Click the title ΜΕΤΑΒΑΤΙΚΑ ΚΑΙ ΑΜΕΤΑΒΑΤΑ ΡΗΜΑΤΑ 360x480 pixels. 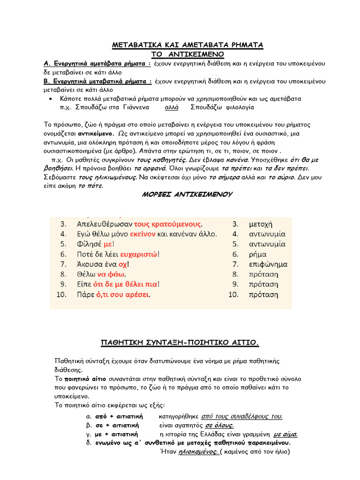pyautogui.click(x=187, y=45)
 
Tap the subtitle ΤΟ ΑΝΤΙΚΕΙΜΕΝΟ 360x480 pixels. pyautogui.click(x=187, y=54)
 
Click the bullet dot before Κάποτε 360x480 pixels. pyautogui.click(x=50, y=99)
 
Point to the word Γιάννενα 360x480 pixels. pyautogui.click(x=136, y=107)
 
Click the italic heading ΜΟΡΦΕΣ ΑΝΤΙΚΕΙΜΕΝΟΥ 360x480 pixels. pyautogui.click(x=187, y=194)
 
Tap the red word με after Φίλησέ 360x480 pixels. pyautogui.click(x=108, y=244)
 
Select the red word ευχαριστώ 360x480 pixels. pyautogui.click(x=139, y=254)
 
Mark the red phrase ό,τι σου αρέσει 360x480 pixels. pyautogui.click(x=123, y=295)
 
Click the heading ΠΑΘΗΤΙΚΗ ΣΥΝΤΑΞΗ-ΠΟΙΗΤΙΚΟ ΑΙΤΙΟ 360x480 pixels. pyautogui.click(x=180, y=343)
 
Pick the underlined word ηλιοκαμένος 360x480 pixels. pyautogui.click(x=189, y=452)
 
